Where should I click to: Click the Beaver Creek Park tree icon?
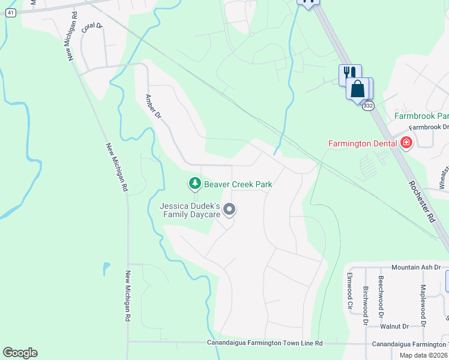coord(194,184)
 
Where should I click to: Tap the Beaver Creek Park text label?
coord(238,184)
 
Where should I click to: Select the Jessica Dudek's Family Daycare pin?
coord(229,209)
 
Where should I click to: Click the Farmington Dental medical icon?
coord(406,143)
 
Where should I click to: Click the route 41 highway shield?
coord(11,13)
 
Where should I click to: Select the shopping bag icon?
coord(358,89)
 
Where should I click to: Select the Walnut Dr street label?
coord(394,326)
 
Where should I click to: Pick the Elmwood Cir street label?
coord(349,289)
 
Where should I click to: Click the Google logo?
coord(20,353)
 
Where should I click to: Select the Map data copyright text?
coord(424,355)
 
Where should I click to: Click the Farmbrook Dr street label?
coord(429,127)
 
